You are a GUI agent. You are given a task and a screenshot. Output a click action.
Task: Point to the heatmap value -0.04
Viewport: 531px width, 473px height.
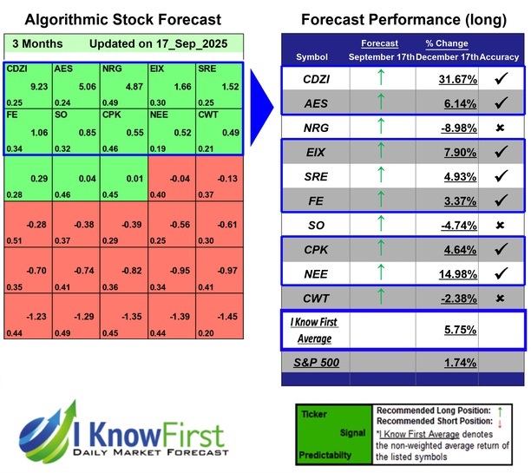coord(180,178)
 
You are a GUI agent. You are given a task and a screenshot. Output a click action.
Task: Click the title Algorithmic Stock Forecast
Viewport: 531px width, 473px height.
coord(122,19)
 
